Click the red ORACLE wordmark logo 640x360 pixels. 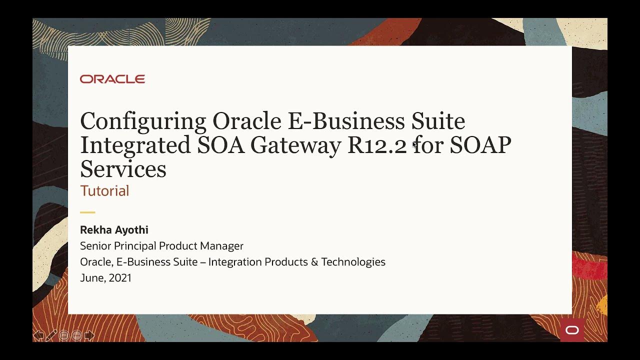[x=112, y=79]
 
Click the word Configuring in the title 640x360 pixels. [x=143, y=121]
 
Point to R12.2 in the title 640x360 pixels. [x=377, y=145]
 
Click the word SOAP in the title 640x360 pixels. [x=480, y=145]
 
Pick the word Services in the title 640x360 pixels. [x=123, y=169]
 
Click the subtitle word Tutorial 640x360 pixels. [x=104, y=191]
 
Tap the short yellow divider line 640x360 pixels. [x=87, y=212]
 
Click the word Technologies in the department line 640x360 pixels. [x=353, y=262]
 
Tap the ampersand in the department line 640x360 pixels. [x=314, y=262]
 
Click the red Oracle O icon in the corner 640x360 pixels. [x=572, y=330]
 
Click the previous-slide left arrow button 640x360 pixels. [x=38, y=335]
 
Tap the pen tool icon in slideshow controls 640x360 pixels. [x=51, y=335]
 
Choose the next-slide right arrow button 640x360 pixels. [x=89, y=335]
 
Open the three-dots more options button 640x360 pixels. [x=76, y=335]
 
